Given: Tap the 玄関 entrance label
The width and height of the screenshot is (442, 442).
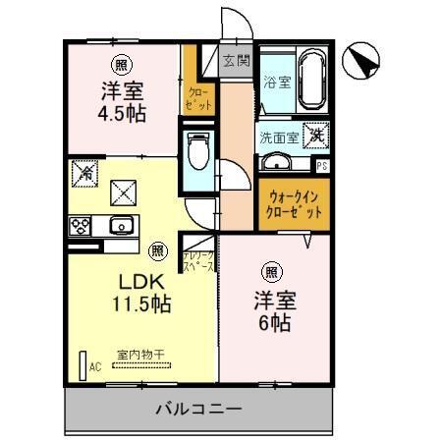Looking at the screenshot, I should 236,59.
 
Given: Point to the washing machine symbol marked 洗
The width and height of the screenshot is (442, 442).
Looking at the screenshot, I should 315,135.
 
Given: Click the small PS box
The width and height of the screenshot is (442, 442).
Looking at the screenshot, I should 322,165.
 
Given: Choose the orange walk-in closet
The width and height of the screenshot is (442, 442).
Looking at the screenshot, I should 294,204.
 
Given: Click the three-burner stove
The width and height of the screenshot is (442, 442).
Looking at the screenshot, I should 81,225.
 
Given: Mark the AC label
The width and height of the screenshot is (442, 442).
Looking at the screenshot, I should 96,367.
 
